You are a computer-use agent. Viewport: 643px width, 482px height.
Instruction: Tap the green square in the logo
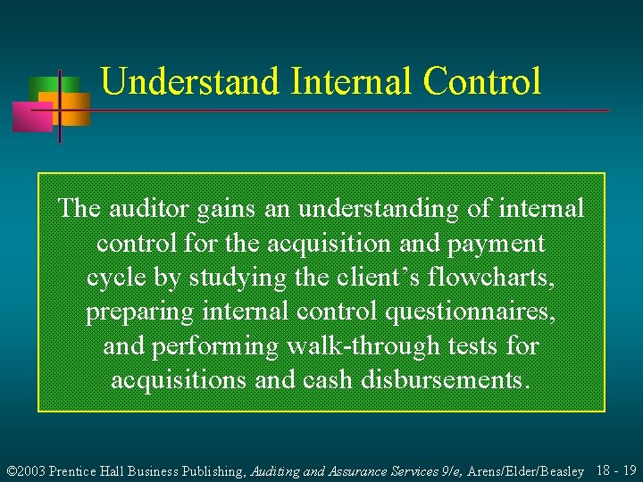42,87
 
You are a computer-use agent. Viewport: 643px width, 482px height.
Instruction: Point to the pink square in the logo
31,117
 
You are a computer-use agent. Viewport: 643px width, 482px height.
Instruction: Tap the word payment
498,243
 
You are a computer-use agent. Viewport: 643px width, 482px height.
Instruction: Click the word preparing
142,312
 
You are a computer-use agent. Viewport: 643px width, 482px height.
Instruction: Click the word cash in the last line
327,380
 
